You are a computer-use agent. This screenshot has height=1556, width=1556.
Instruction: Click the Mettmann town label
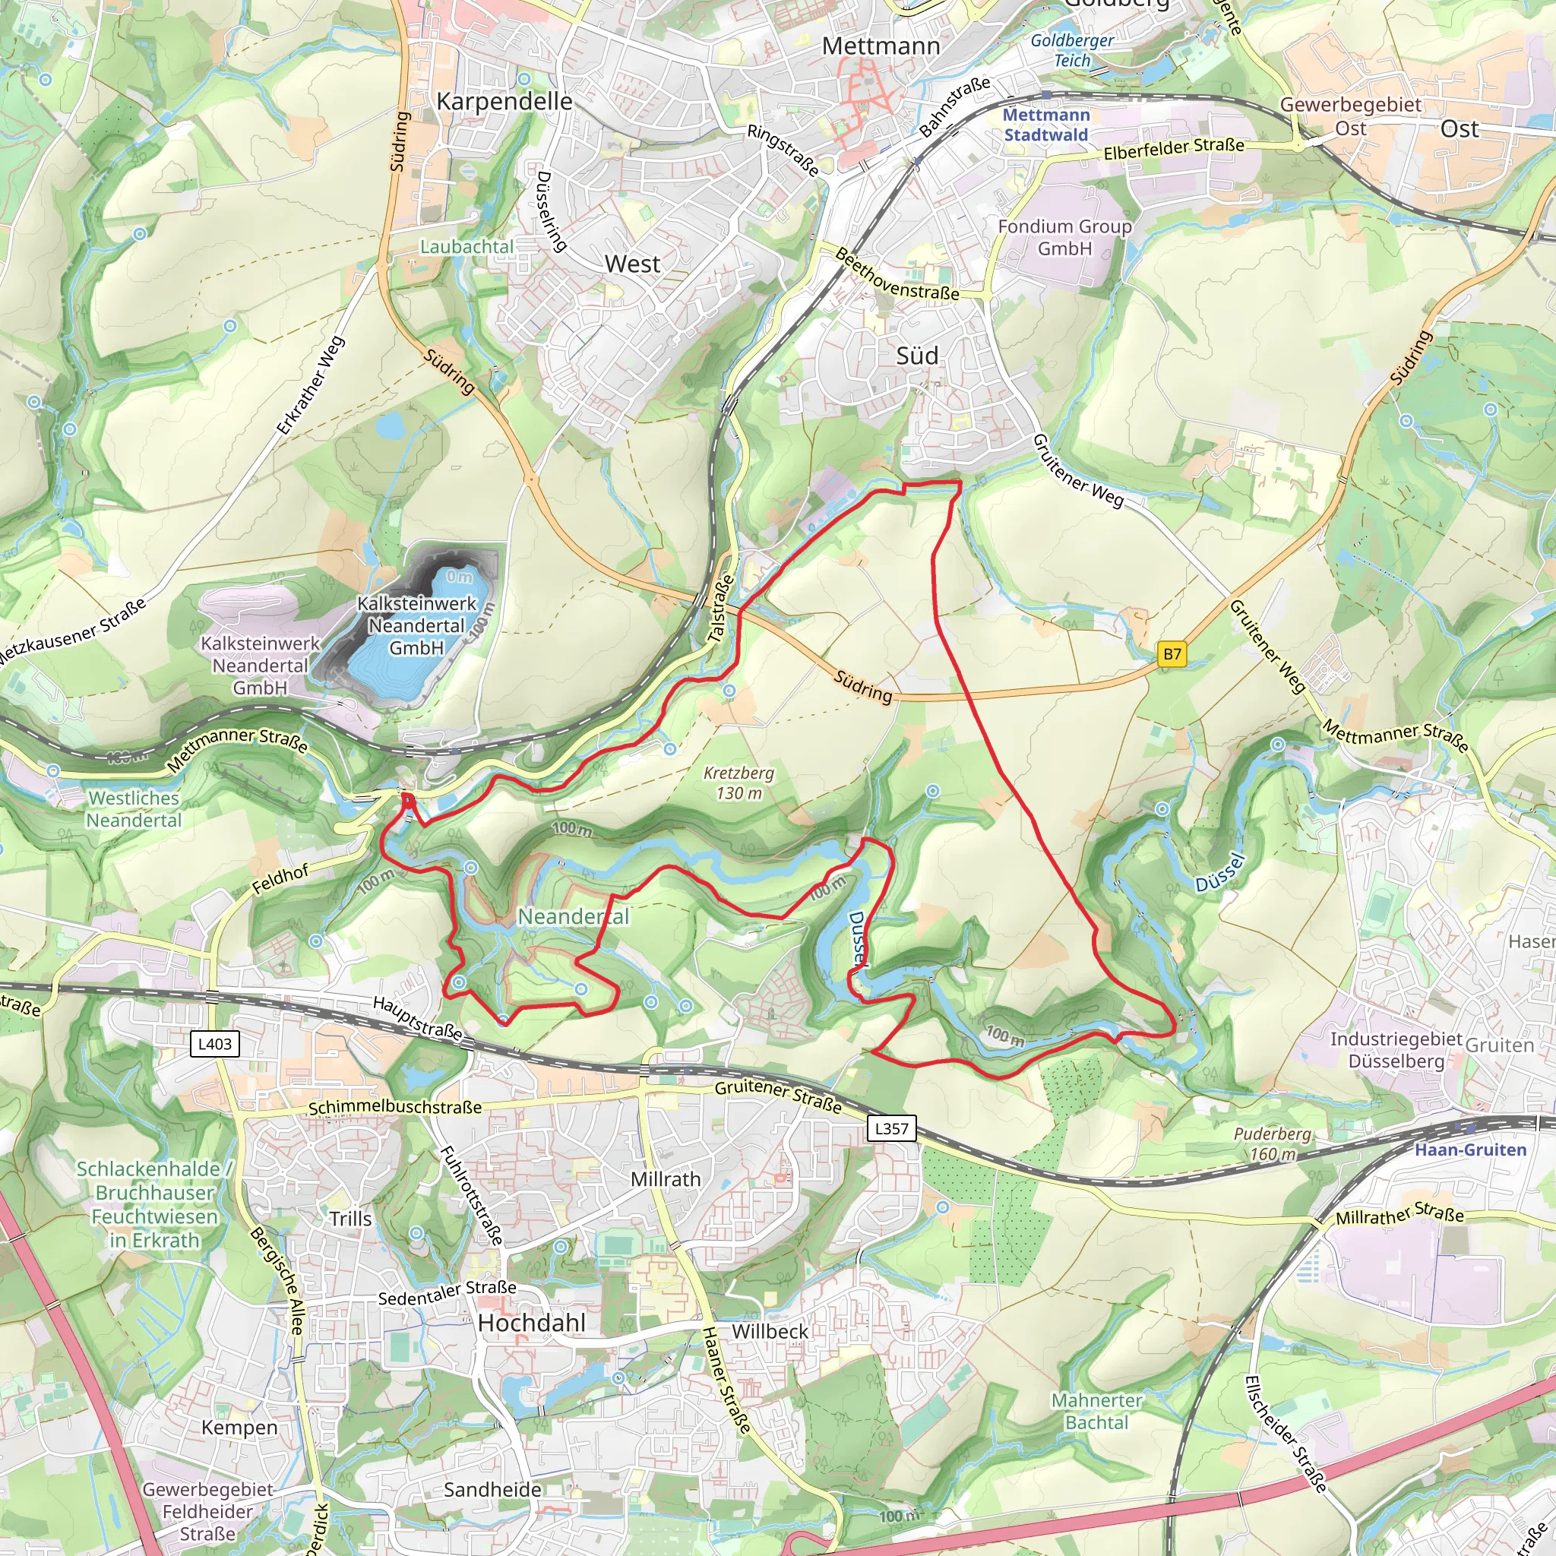pyautogui.click(x=881, y=46)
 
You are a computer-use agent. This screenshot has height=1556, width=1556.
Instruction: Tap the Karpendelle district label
pyautogui.click(x=504, y=102)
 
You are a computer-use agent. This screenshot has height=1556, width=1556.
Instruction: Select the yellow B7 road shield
pyautogui.click(x=1172, y=654)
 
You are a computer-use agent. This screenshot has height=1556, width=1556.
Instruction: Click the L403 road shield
pyautogui.click(x=215, y=1044)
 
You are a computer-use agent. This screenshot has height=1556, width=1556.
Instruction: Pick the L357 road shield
pyautogui.click(x=891, y=1128)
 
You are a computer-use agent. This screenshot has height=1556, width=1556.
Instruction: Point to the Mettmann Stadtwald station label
pyautogui.click(x=1046, y=125)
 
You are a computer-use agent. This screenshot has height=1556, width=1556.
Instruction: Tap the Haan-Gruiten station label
pyautogui.click(x=1470, y=1150)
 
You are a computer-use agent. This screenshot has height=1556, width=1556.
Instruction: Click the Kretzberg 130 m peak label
pyautogui.click(x=738, y=783)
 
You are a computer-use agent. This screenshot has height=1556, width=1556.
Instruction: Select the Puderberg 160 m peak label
pyautogui.click(x=1273, y=1143)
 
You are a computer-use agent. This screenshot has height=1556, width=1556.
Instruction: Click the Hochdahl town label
pyautogui.click(x=532, y=1324)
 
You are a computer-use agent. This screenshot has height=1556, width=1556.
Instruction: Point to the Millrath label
pyautogui.click(x=666, y=1179)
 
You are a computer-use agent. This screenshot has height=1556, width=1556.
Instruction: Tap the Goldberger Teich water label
pyautogui.click(x=1072, y=50)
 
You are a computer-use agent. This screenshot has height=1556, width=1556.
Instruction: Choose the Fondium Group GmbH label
pyautogui.click(x=1064, y=238)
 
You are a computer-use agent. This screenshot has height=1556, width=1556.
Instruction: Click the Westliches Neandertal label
pyautogui.click(x=134, y=809)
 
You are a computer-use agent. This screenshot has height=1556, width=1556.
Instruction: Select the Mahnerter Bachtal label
pyautogui.click(x=1096, y=1411)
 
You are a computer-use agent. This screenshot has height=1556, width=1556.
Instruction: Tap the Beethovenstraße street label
pyautogui.click(x=897, y=276)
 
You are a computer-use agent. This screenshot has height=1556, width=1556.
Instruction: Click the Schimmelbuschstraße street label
pyautogui.click(x=394, y=1108)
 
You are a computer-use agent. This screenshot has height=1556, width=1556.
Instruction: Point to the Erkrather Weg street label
pyautogui.click(x=311, y=386)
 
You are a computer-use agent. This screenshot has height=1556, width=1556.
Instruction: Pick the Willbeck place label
pyautogui.click(x=769, y=1331)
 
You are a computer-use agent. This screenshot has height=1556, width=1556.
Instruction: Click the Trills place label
pyautogui.click(x=350, y=1219)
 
